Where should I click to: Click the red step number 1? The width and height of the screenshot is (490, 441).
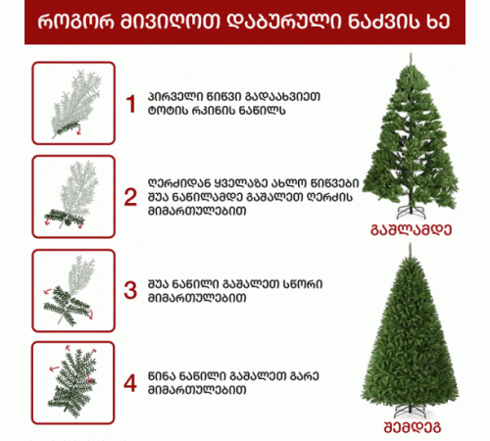(131, 104)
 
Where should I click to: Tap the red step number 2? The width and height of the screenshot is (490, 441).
(130, 197)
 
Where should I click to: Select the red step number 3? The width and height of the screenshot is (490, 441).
(130, 290)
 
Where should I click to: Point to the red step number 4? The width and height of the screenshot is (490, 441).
(130, 383)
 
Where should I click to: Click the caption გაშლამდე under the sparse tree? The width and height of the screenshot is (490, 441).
(412, 230)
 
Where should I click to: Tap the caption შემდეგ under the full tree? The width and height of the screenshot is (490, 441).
(413, 426)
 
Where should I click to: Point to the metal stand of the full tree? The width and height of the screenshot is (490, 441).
(411, 411)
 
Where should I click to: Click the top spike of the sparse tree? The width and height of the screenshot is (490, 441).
(411, 60)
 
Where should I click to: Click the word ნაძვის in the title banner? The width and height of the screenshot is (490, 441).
(383, 22)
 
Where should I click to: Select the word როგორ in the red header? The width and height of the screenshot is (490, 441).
(75, 22)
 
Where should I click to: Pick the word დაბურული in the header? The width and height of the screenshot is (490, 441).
(284, 22)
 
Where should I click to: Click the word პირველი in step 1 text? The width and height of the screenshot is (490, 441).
(176, 97)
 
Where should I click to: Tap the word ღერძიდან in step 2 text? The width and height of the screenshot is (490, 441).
(179, 183)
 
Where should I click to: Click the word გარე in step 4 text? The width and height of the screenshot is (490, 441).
(305, 376)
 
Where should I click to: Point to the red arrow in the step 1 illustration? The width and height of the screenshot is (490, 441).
(78, 130)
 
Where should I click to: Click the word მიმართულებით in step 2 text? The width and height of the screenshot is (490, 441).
(197, 211)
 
